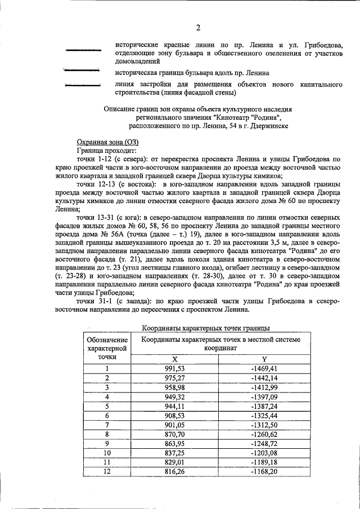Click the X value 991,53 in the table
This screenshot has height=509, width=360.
tap(174, 368)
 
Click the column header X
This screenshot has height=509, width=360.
tap(174, 359)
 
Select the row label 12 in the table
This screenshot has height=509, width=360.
tap(106, 471)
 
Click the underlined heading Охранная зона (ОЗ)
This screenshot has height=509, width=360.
tap(107, 143)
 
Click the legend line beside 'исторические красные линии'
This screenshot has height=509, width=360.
tap(83, 51)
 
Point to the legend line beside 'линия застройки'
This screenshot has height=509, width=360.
tap(83, 85)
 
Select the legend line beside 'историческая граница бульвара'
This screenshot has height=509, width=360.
tap(82, 70)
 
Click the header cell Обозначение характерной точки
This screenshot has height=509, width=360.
tap(106, 348)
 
